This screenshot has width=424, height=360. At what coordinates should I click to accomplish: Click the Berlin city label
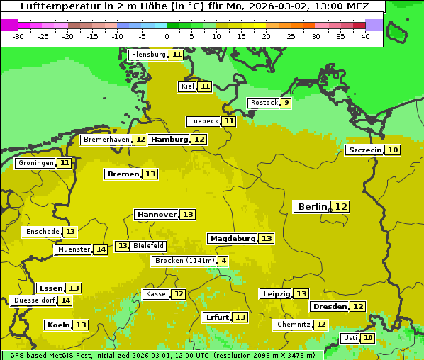coord(312,206)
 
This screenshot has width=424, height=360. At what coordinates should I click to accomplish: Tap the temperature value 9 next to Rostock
coord(286,103)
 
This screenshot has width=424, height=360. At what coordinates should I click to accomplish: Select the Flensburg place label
coord(148,55)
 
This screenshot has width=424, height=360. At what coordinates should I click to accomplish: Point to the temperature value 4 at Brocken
coord(223,261)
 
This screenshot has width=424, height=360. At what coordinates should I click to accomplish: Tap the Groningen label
coord(35,163)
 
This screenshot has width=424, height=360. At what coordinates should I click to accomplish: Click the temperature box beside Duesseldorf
coord(65,300)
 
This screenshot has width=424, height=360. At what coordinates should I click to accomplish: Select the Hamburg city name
coord(169,140)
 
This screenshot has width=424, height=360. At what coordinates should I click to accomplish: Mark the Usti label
coord(350,338)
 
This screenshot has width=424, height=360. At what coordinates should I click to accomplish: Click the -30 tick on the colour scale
coord(18,36)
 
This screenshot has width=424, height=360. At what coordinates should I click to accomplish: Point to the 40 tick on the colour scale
coord(365,36)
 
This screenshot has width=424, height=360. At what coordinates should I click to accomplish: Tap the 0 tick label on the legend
coord(167,36)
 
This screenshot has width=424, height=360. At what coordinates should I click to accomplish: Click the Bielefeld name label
coord(148,246)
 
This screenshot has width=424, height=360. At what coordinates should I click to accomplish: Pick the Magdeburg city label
coord(232,238)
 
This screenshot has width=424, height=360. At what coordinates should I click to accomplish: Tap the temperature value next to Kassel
coord(179,294)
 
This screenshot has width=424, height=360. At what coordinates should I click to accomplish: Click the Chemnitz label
coord(293,325)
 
